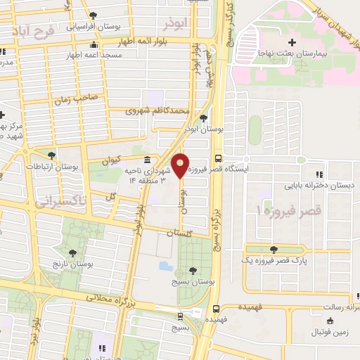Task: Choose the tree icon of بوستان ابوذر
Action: click(x=204, y=118)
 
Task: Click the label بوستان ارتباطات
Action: click(x=51, y=167)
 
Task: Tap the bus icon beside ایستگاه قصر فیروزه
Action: click(x=217, y=159)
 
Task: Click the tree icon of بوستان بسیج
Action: click(x=193, y=271)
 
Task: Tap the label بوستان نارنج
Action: click(x=72, y=263)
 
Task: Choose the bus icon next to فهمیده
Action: click(x=216, y=308)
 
